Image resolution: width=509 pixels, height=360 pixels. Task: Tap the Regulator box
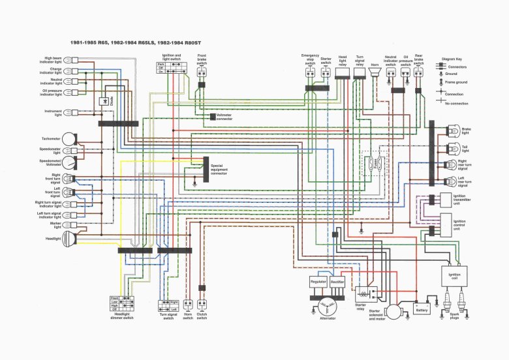(318, 281)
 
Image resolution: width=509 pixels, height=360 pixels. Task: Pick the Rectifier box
(337, 281)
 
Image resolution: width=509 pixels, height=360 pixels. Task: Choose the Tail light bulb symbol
(450, 148)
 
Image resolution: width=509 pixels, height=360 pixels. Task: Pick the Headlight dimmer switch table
(122, 303)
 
